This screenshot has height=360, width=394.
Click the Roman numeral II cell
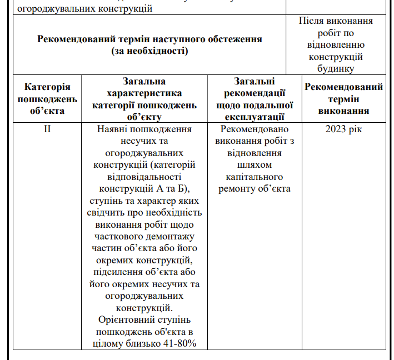[47, 129]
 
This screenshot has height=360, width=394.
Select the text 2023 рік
[343, 129]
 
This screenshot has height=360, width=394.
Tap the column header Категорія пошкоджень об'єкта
[47, 99]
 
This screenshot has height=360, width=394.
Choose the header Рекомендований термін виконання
[343, 99]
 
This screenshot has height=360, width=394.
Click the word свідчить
[108, 212]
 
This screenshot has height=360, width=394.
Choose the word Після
[311, 21]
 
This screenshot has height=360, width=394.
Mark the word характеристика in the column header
[144, 93]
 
